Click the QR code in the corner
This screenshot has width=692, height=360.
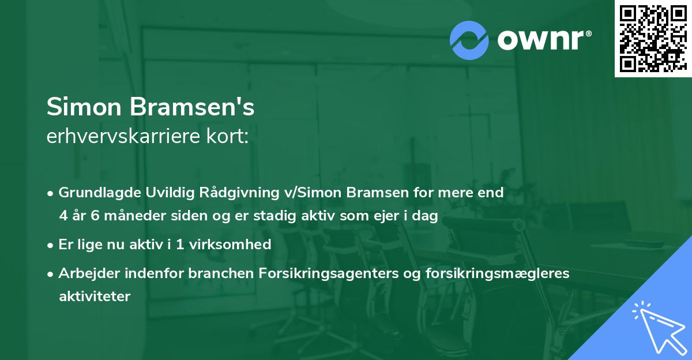click(653, 38)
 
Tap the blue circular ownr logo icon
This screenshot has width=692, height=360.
click(469, 40)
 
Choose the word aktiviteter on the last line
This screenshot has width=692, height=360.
click(95, 297)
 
